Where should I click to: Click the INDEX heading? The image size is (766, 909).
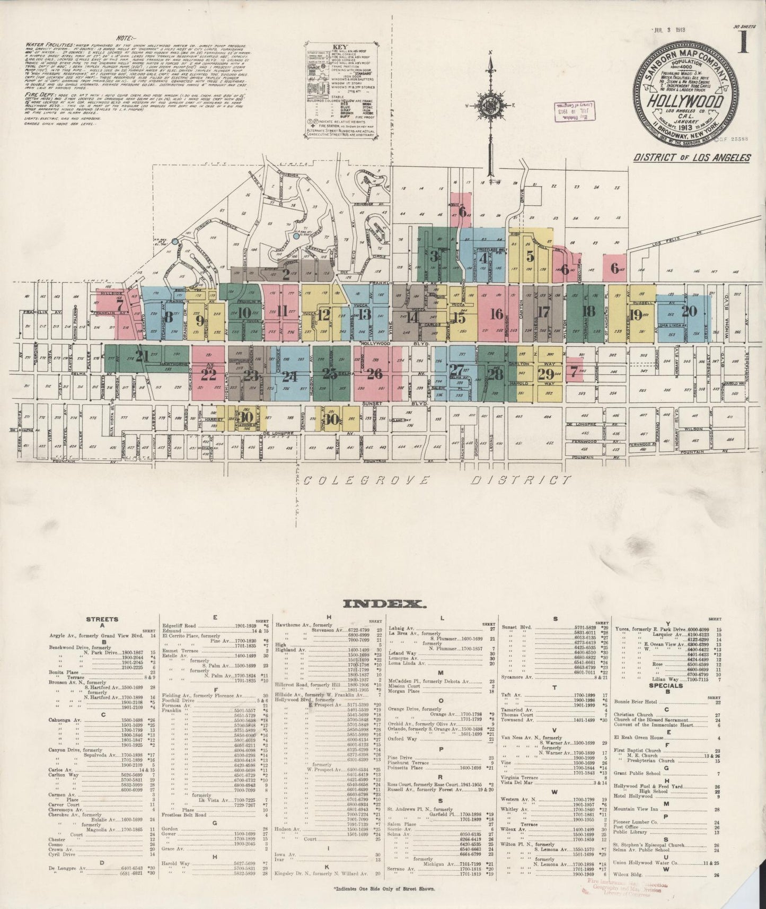pos(383,604)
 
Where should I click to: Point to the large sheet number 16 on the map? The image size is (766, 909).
pos(496,314)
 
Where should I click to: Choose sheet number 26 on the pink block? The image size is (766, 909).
pos(374,374)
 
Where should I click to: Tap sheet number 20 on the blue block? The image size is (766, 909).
pos(689,311)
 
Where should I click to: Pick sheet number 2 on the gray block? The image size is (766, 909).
pos(286,274)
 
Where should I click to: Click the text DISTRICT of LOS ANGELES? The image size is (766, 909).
pos(699,158)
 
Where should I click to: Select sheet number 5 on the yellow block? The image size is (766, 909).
pos(530,256)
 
